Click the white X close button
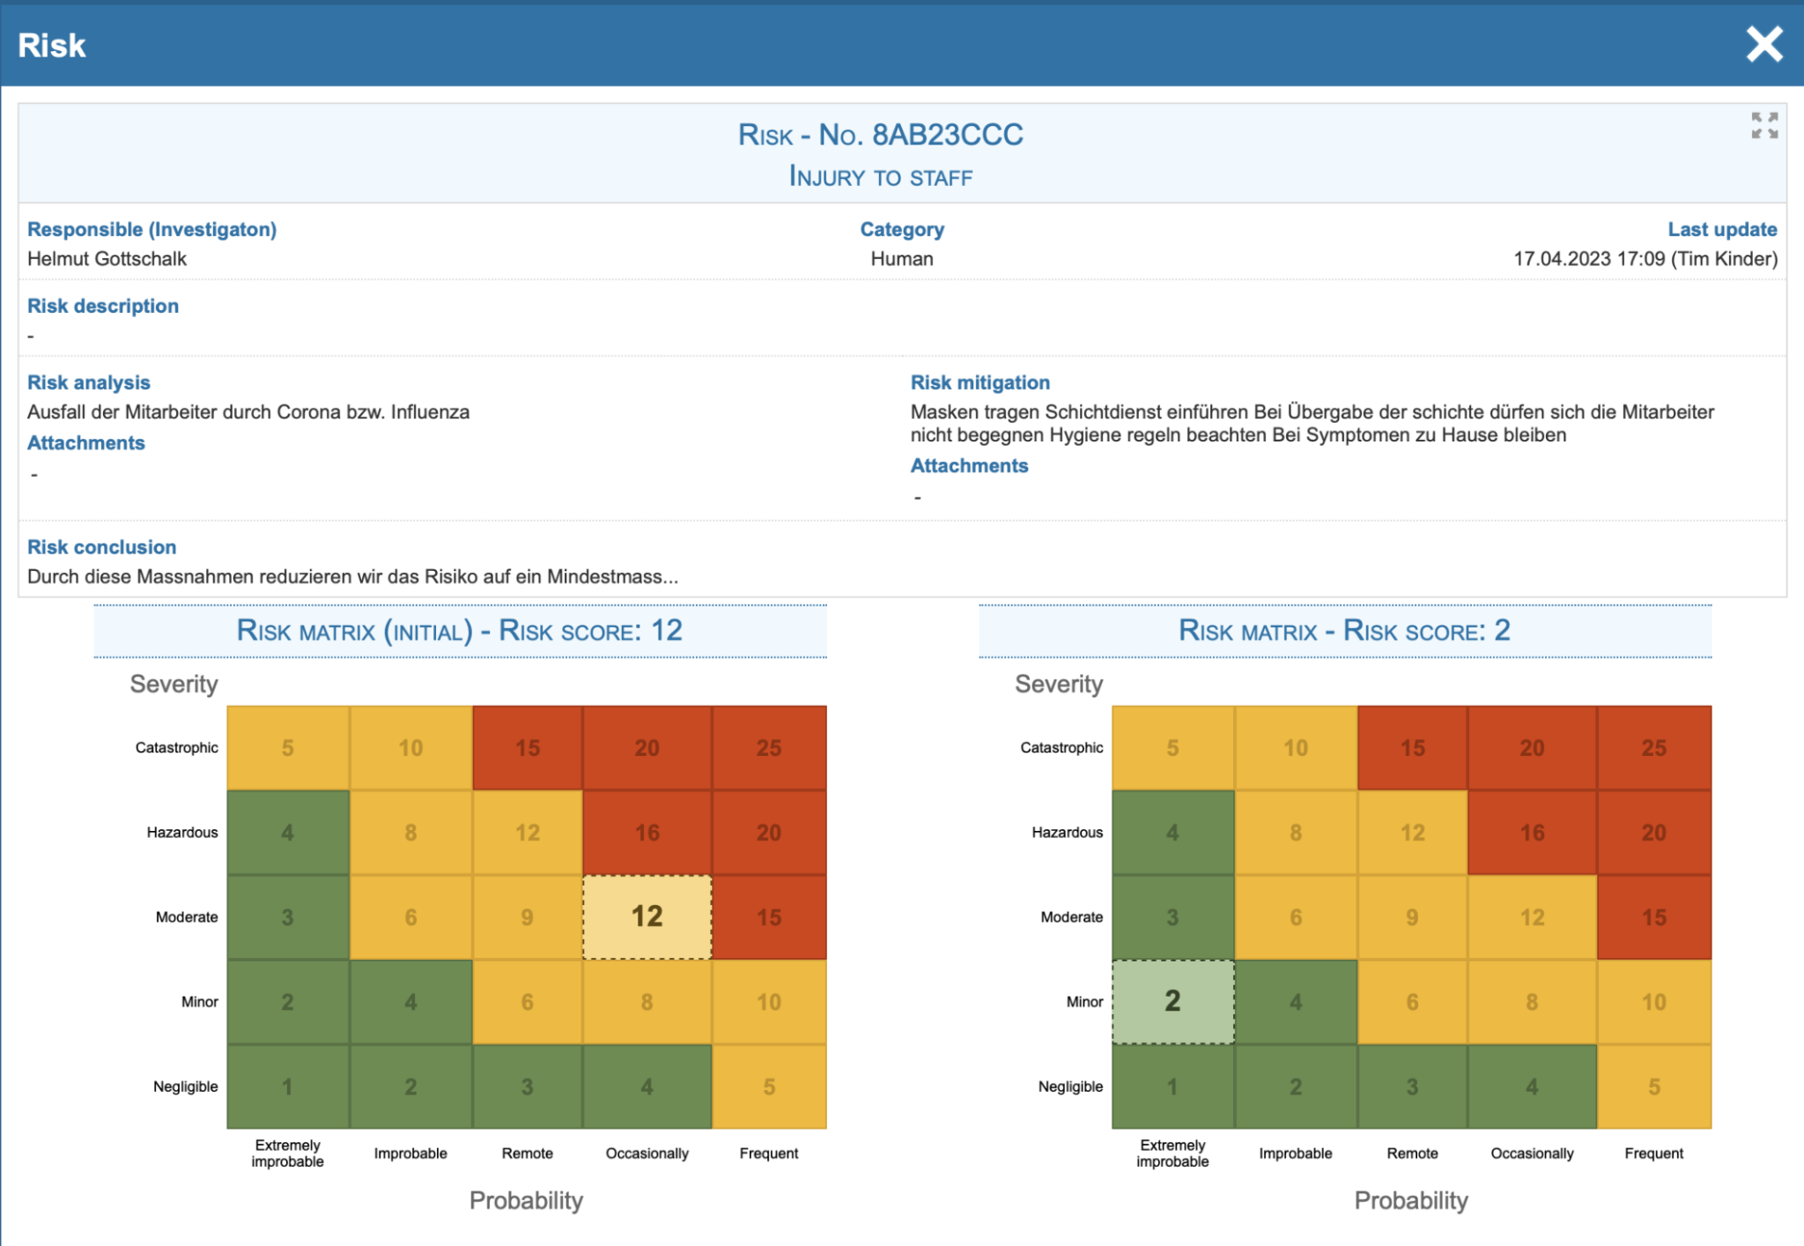pyautogui.click(x=1764, y=44)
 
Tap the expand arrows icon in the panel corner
pyautogui.click(x=1763, y=125)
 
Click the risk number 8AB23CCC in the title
pyautogui.click(x=947, y=135)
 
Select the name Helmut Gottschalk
pyautogui.click(x=107, y=259)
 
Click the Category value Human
pyautogui.click(x=901, y=259)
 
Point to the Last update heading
pyautogui.click(x=1721, y=229)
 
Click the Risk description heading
pyautogui.click(x=103, y=306)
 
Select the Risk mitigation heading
pyautogui.click(x=980, y=382)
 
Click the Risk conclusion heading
pyautogui.click(x=101, y=547)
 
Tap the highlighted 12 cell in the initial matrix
pyautogui.click(x=647, y=916)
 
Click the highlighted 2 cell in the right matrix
pyautogui.click(x=1172, y=1001)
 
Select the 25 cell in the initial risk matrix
pyautogui.click(x=768, y=747)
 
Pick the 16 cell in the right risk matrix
pyautogui.click(x=1531, y=832)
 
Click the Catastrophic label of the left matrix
pyautogui.click(x=176, y=747)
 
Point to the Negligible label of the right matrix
pyautogui.click(x=1069, y=1087)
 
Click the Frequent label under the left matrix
pyautogui.click(x=768, y=1153)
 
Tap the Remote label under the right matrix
pyautogui.click(x=1411, y=1153)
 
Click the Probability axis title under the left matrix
pyautogui.click(x=526, y=1200)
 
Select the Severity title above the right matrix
pyautogui.click(x=1058, y=684)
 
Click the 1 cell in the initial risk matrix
pyautogui.click(x=287, y=1087)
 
